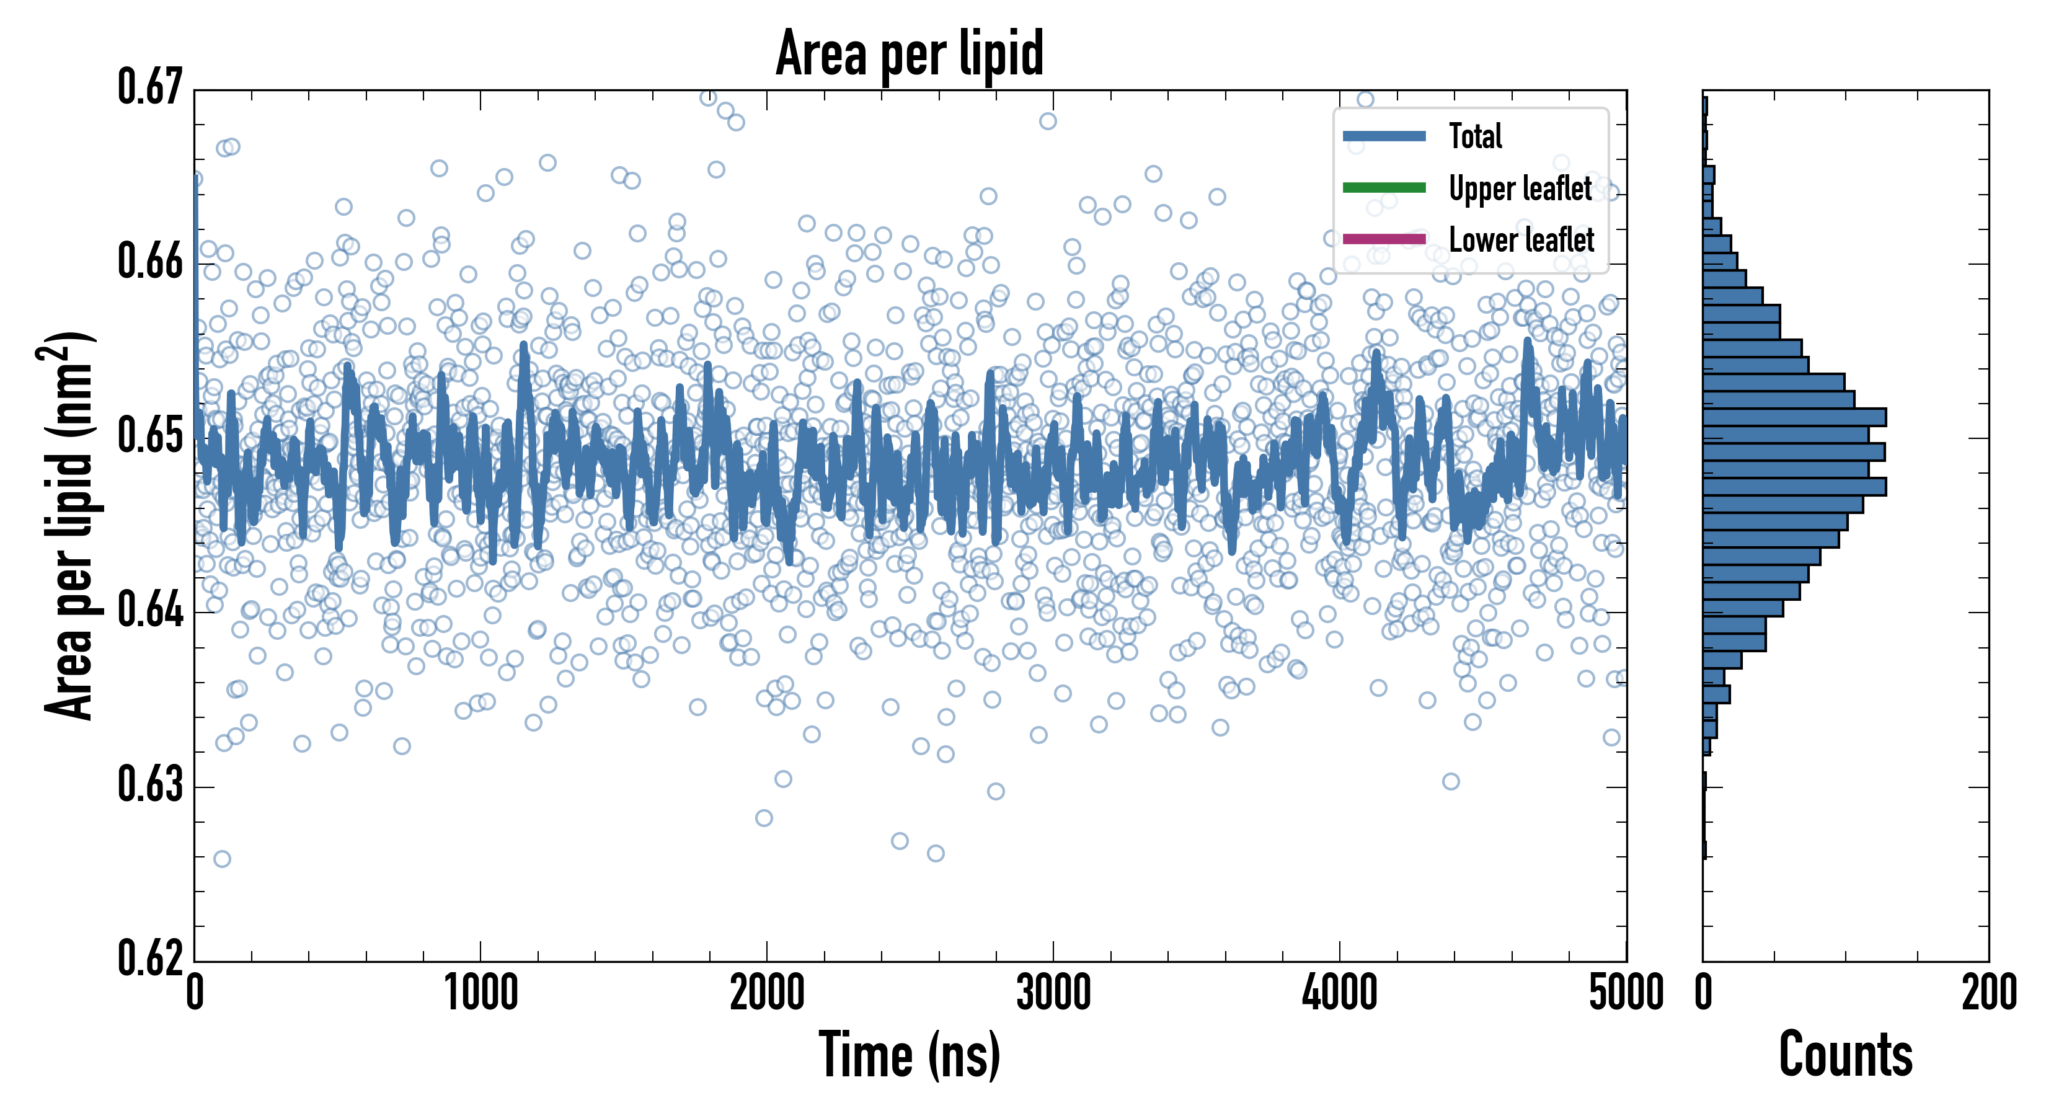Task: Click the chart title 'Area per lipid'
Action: (910, 54)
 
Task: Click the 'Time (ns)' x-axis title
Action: (910, 1055)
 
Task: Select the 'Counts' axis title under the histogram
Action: (1845, 1055)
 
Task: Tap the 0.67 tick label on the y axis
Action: (150, 87)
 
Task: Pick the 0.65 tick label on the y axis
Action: (150, 436)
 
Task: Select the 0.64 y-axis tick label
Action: (150, 611)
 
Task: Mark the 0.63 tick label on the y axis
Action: (150, 785)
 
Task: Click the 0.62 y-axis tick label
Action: (150, 958)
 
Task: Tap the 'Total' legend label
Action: (1475, 136)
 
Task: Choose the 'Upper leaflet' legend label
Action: (1520, 189)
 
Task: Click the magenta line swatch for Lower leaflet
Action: (1384, 239)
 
